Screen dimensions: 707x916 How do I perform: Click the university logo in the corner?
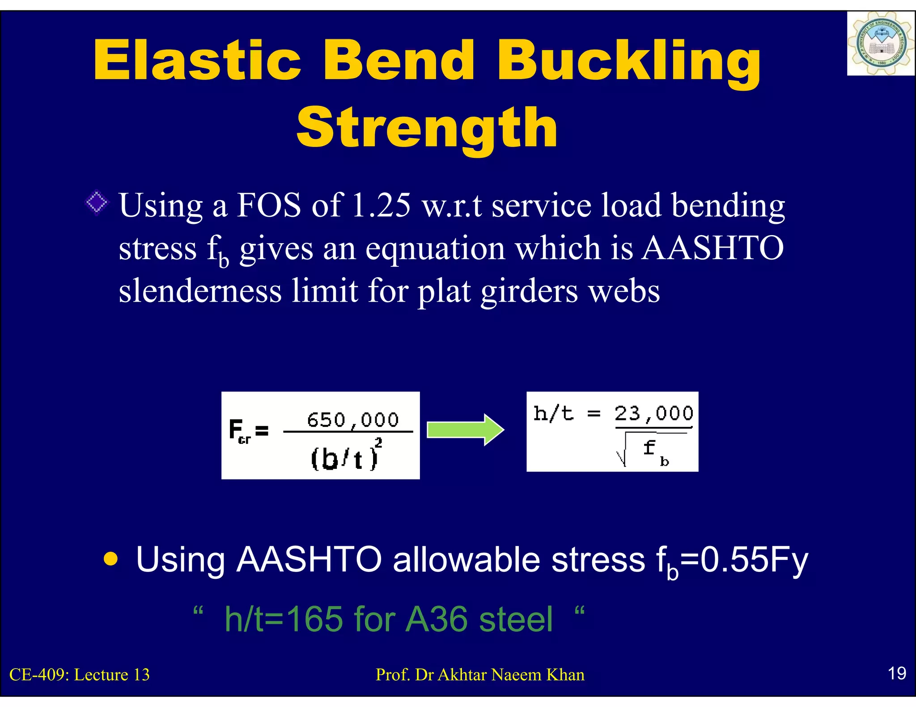click(880, 44)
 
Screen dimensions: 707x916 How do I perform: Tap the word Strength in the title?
click(427, 128)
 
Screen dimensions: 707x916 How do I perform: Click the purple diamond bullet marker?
click(97, 203)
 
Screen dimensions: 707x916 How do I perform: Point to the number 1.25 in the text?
click(381, 205)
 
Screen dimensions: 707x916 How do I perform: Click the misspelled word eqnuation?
click(435, 248)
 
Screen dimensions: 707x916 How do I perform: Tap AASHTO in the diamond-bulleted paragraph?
click(712, 248)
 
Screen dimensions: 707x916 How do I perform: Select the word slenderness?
click(200, 291)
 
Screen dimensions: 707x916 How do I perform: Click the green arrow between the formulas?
click(465, 430)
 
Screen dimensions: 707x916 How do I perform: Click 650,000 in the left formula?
click(352, 420)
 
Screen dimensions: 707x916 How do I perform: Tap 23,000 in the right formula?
click(653, 413)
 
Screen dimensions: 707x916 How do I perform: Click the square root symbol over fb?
click(622, 451)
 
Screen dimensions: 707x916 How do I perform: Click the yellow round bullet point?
click(110, 559)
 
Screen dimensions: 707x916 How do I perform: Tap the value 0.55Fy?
click(754, 560)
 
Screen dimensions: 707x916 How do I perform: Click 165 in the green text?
click(314, 619)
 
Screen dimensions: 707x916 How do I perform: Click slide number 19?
click(896, 673)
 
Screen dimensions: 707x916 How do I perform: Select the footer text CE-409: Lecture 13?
click(80, 674)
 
